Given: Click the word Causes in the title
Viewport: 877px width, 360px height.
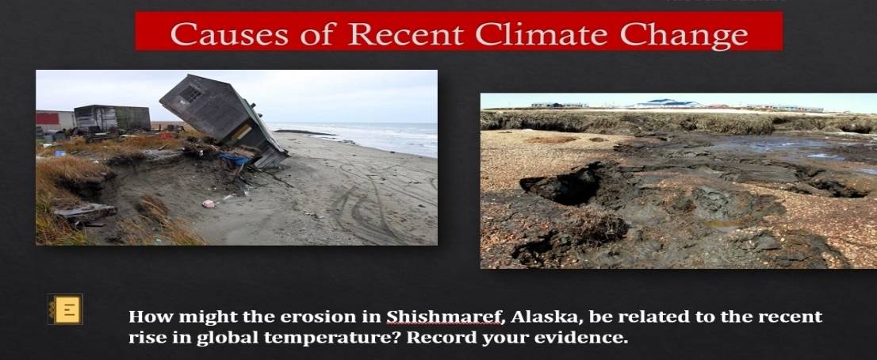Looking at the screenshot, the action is pyautogui.click(x=228, y=33).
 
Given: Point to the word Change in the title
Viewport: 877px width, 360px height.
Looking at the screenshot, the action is pyautogui.click(x=684, y=35).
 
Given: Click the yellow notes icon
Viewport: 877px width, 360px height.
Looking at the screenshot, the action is pyautogui.click(x=65, y=309).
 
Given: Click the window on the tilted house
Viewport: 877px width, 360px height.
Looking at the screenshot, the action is pyautogui.click(x=191, y=94).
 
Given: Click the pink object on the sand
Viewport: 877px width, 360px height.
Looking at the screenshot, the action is pyautogui.click(x=208, y=204).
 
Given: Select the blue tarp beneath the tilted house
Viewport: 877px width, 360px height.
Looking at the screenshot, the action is pyautogui.click(x=236, y=160).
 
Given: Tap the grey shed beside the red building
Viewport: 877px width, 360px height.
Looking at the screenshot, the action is pyautogui.click(x=113, y=118).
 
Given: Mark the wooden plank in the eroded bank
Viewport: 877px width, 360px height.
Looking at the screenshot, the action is pyautogui.click(x=85, y=211).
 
